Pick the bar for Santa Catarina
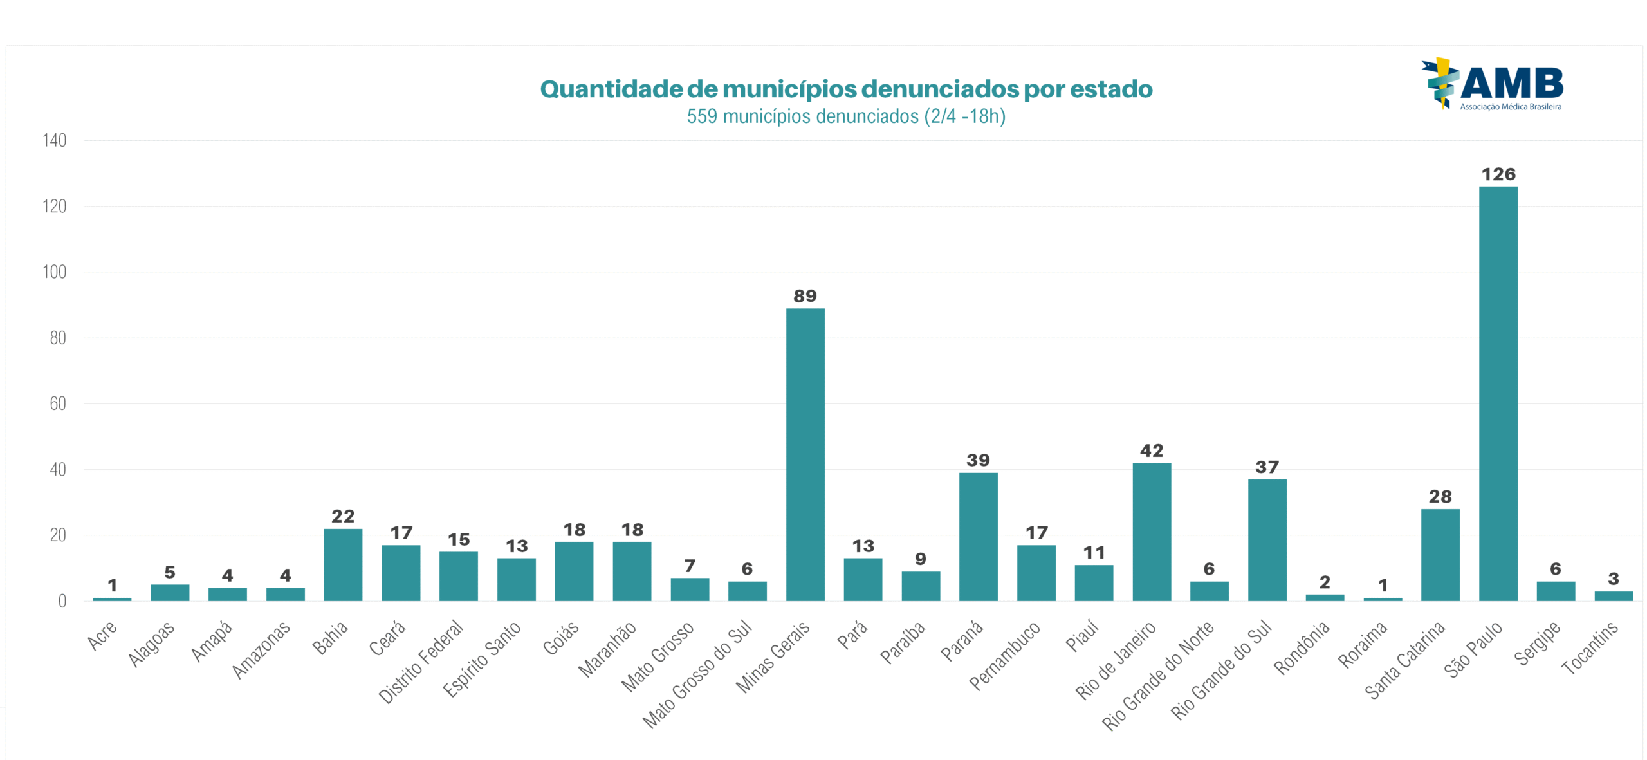pyautogui.click(x=1440, y=554)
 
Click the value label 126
pyautogui.click(x=1498, y=174)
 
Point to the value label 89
pyautogui.click(x=805, y=296)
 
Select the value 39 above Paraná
pyautogui.click(x=978, y=460)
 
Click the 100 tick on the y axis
pyautogui.click(x=55, y=272)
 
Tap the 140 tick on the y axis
pyautogui.click(x=55, y=140)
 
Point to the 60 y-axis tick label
pyautogui.click(x=58, y=403)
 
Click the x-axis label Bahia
pyautogui.click(x=330, y=638)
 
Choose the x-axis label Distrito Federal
pyautogui.click(x=421, y=662)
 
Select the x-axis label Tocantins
pyautogui.click(x=1589, y=647)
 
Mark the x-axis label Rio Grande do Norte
pyautogui.click(x=1158, y=676)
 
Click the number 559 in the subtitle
pyautogui.click(x=702, y=116)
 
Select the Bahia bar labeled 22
pyautogui.click(x=343, y=564)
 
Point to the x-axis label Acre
pyautogui.click(x=102, y=635)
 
